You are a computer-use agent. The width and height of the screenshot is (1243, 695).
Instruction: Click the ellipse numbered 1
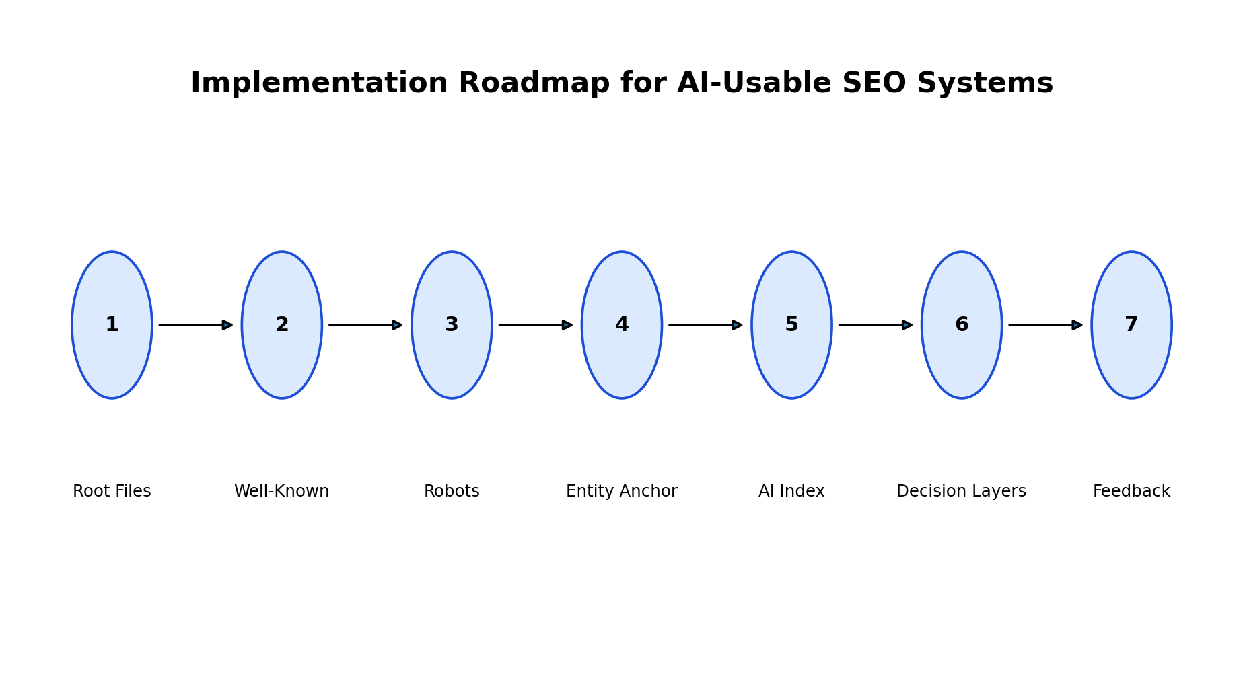point(112,325)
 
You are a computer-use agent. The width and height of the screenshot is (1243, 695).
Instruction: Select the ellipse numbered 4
point(622,325)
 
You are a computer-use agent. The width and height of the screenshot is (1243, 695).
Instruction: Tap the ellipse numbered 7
point(1131,325)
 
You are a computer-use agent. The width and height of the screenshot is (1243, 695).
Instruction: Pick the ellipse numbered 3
point(452,325)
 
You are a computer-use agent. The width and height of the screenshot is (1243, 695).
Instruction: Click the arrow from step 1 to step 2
point(196,325)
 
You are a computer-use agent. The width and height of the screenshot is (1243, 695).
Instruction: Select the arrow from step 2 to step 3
point(366,325)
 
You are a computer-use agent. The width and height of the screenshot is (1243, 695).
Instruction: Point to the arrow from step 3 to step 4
point(536,325)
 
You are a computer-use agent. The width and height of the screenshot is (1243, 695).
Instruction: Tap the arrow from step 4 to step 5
point(706,325)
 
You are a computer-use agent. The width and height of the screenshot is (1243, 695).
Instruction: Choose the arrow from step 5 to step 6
point(876,325)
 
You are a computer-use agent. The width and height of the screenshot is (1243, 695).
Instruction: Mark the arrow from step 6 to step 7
point(1046,325)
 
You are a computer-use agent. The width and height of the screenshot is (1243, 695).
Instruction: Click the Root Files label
point(112,491)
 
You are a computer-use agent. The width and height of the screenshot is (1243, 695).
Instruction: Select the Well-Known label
point(282,491)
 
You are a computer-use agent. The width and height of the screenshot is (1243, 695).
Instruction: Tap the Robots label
point(452,491)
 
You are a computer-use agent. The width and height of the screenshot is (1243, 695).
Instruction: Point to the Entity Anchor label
point(622,492)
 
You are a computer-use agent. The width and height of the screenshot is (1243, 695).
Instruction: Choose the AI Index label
point(791,491)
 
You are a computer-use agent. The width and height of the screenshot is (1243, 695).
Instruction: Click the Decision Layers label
point(962,492)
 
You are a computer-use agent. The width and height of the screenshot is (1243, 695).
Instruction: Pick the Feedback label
point(1131,491)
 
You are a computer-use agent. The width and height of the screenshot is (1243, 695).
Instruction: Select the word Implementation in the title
point(319,84)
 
